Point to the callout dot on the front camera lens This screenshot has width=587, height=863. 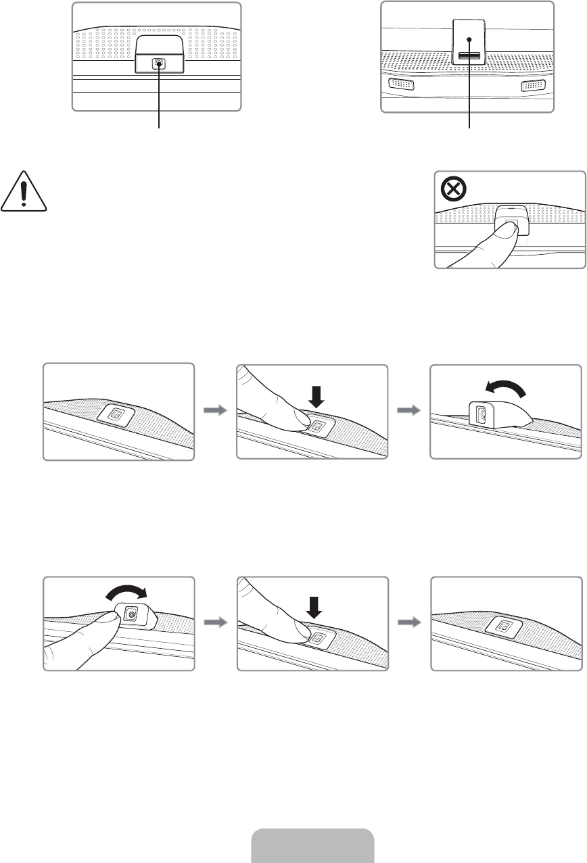tap(159, 64)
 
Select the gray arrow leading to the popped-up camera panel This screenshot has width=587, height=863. tap(409, 412)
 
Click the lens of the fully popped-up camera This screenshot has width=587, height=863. tap(482, 414)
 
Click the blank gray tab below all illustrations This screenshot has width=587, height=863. tap(313, 845)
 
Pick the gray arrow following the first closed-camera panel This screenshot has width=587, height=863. tap(215, 412)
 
